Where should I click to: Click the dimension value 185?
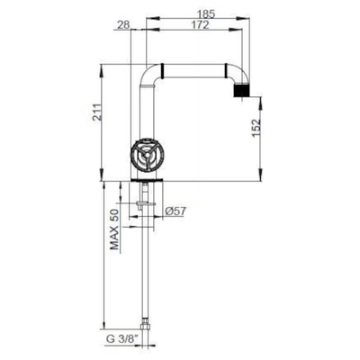tap(206, 14)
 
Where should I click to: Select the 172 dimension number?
tap(200, 25)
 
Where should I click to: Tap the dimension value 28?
tap(123, 25)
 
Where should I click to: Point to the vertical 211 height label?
tap(97, 112)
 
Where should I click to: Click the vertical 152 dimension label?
tap(256, 128)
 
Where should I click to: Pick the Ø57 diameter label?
tap(175, 211)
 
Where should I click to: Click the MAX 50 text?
tap(114, 229)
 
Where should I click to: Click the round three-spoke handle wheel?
tap(146, 155)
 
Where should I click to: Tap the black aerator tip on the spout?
tap(241, 91)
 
